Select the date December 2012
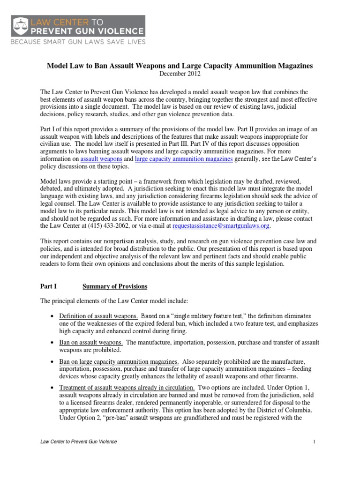pyautogui.click(x=180, y=74)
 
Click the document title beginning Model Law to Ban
pyautogui.click(x=180, y=66)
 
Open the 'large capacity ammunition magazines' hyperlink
pyautogui.click(x=183, y=159)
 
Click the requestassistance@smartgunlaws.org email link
pyautogui.click(x=221, y=226)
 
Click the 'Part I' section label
pyautogui.click(x=48, y=286)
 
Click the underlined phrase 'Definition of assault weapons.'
pyautogui.click(x=98, y=315)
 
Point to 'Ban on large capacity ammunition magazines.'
pyautogui.click(x=118, y=362)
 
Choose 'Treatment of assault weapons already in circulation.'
pyautogui.click(x=127, y=389)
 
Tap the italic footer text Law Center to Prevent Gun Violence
pyautogui.click(x=78, y=442)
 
